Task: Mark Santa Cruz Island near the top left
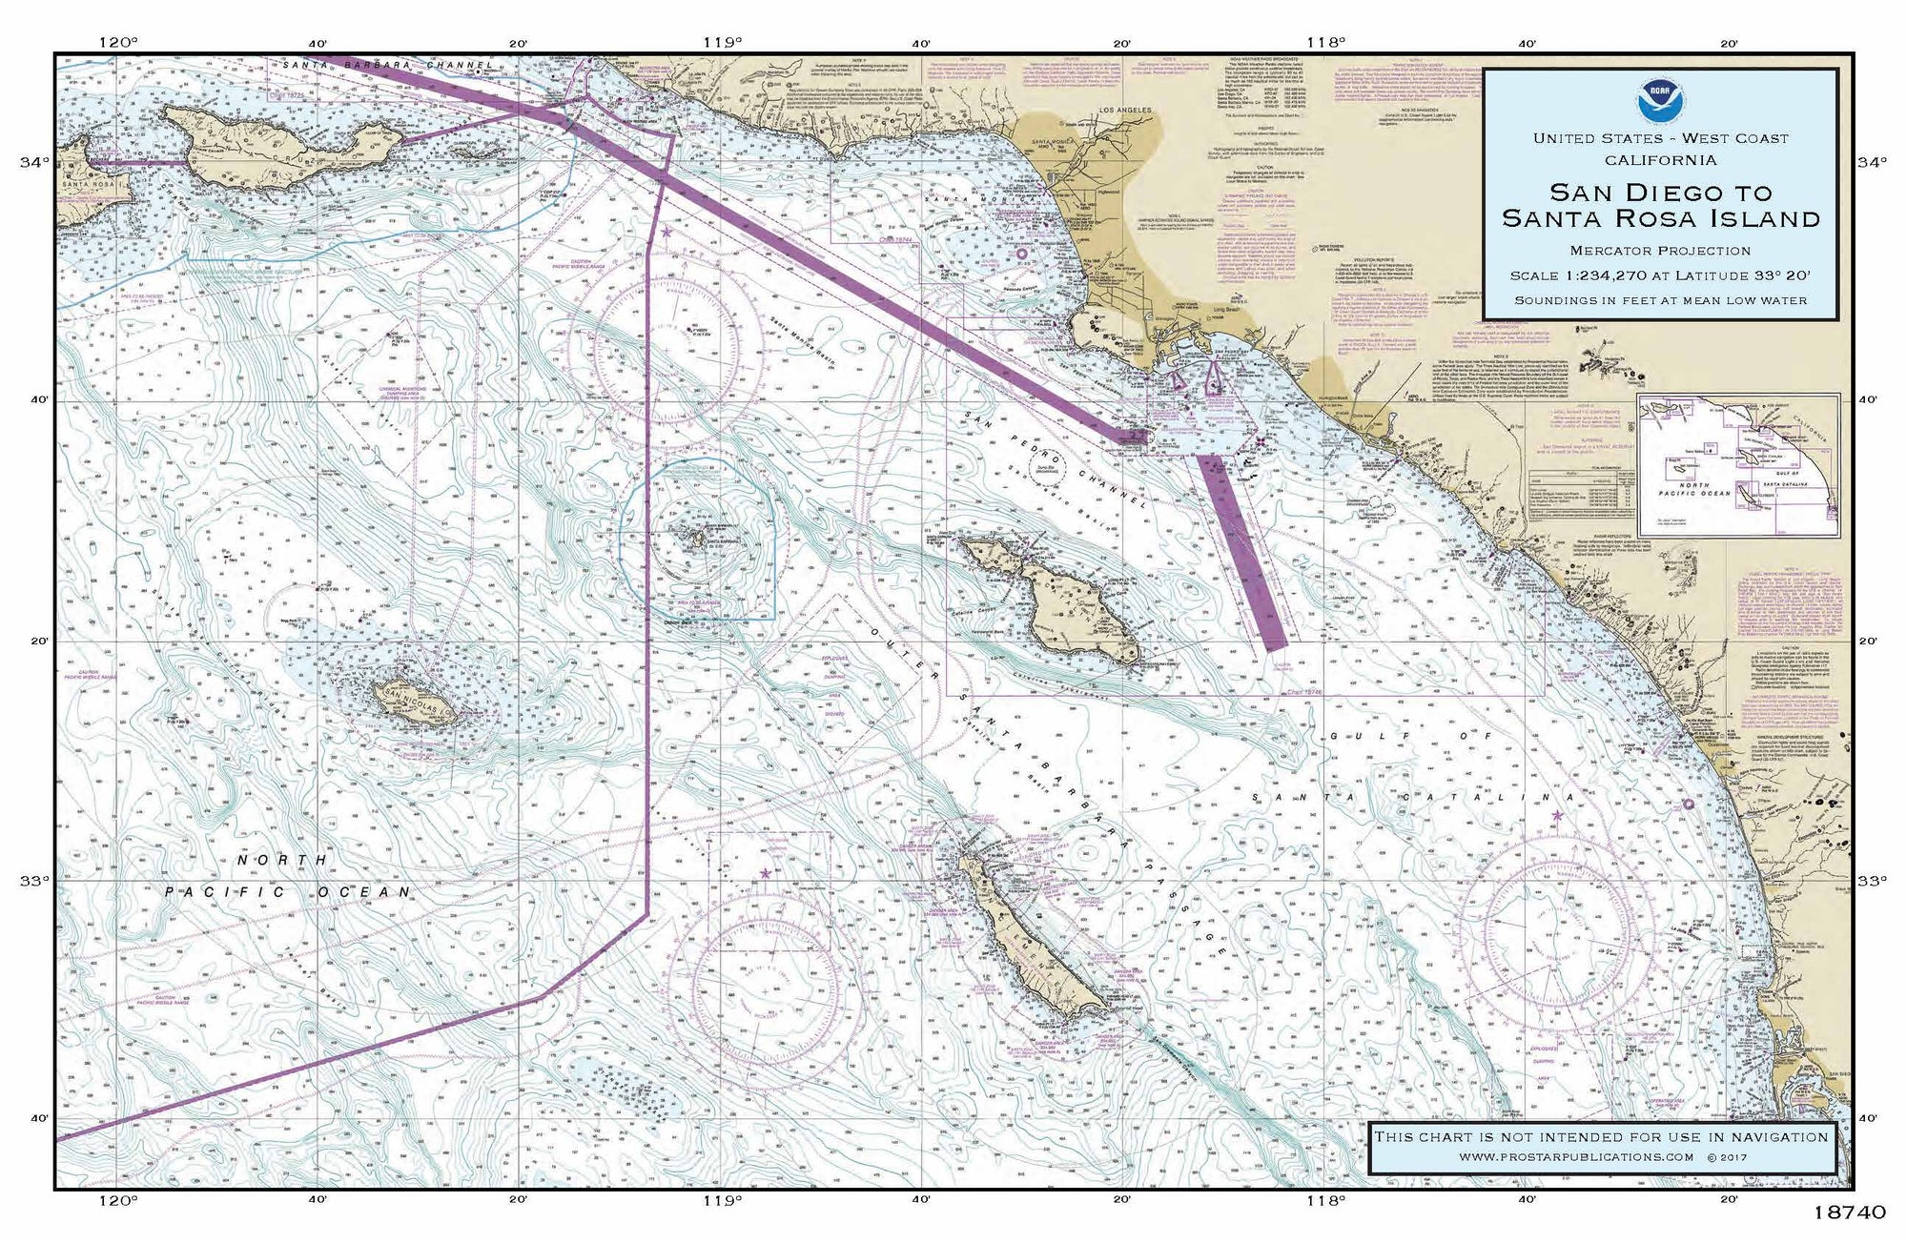(286, 143)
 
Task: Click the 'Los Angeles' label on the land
(1125, 111)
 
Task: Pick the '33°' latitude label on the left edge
(32, 880)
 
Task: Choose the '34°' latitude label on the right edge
(1872, 163)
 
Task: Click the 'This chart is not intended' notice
(1600, 1136)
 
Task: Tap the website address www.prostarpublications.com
(1575, 1156)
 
